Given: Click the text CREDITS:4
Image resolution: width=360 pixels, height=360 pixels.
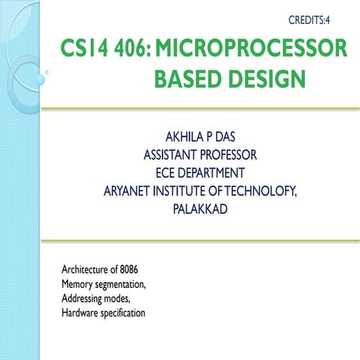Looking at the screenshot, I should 310,16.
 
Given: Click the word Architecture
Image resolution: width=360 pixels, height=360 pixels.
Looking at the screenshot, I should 87,270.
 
